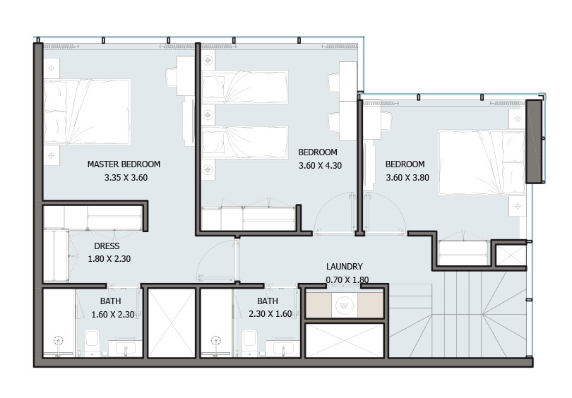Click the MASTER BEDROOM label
tap(124, 164)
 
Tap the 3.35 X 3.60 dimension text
tap(126, 178)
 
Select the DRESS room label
tap(107, 246)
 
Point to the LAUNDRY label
tap(345, 267)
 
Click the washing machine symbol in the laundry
tap(344, 305)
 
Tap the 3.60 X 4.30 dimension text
tap(320, 166)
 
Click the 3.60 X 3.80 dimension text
tap(407, 178)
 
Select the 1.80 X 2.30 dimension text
tap(109, 259)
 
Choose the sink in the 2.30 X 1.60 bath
tap(283, 347)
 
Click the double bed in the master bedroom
tap(87, 112)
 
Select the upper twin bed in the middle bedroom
tap(245, 87)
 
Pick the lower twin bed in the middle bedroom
tap(245, 142)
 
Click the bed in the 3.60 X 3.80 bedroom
tap(482, 162)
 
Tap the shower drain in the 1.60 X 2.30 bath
tap(58, 341)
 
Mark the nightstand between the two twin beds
tap(208, 115)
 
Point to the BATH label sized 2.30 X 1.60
tap(268, 301)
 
